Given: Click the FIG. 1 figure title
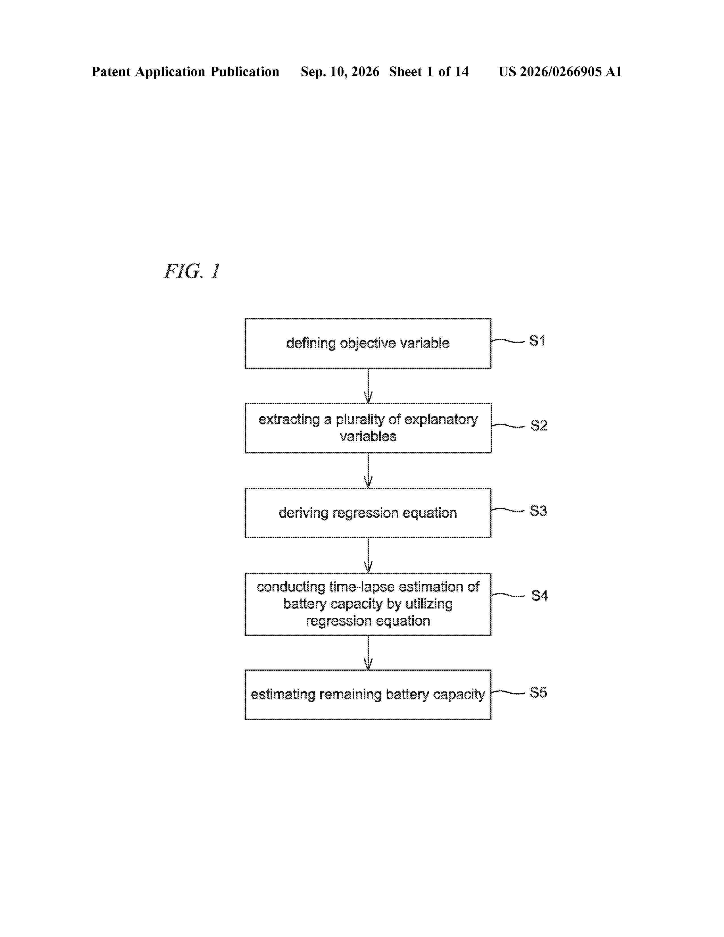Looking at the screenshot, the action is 192,271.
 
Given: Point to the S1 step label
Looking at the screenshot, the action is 537,341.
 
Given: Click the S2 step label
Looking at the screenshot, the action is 539,426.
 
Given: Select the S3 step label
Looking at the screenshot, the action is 538,511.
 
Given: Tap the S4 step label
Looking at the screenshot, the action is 539,595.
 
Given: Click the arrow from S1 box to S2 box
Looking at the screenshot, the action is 368,386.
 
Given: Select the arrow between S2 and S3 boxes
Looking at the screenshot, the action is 368,471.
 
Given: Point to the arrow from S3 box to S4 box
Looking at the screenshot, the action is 368,555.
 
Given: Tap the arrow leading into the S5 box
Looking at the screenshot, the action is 368,652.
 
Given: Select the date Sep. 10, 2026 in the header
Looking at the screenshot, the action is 340,72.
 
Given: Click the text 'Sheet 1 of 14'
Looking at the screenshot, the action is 429,72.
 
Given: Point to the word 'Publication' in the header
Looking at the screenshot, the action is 245,72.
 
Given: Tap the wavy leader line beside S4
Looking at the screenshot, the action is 508,595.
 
